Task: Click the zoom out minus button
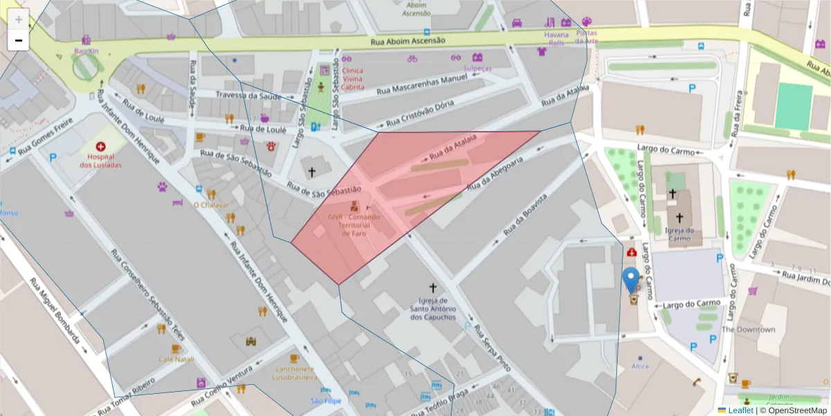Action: (19, 40)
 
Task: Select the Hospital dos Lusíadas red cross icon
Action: (101, 147)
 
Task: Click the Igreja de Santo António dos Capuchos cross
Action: (434, 287)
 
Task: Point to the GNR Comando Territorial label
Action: (354, 225)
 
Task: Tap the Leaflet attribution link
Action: (741, 410)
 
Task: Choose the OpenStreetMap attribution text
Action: (798, 410)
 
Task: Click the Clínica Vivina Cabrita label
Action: (352, 78)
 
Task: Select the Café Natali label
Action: (176, 359)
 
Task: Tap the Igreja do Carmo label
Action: (679, 234)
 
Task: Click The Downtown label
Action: (749, 329)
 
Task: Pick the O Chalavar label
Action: (211, 205)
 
